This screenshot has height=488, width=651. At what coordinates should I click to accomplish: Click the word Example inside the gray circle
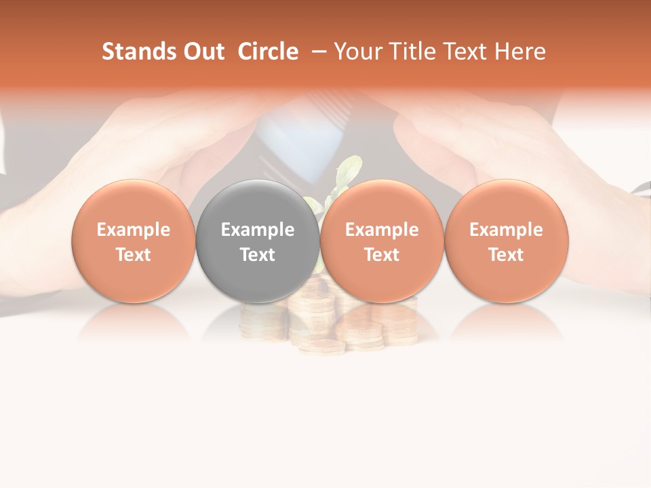click(x=258, y=230)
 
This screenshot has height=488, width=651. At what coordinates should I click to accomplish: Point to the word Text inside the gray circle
click(x=258, y=255)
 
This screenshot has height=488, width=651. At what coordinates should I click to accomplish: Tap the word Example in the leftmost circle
click(x=133, y=230)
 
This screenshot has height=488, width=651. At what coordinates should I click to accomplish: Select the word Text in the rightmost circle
click(x=507, y=255)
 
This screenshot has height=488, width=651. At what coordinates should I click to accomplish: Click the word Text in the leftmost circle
click(x=133, y=255)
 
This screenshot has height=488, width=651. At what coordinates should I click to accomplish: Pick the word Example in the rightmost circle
click(x=507, y=230)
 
